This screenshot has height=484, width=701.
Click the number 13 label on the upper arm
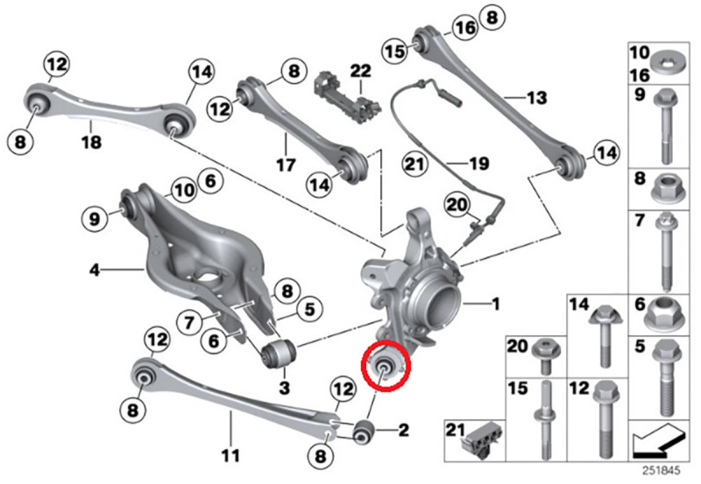[536, 96]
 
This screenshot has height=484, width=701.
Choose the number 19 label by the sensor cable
[478, 163]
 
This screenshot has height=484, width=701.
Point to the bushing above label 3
[280, 354]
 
